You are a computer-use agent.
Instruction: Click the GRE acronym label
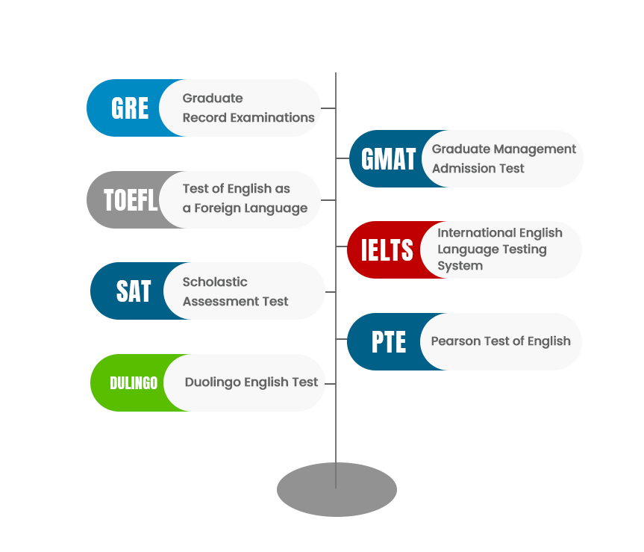tap(130, 109)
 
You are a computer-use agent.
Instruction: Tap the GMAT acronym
tap(388, 159)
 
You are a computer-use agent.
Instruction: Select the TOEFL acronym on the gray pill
tap(131, 200)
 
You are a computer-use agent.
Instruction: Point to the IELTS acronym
tap(387, 250)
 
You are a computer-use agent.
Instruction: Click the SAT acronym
tap(134, 291)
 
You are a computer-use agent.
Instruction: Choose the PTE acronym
tap(389, 342)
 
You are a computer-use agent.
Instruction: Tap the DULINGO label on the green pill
tap(134, 383)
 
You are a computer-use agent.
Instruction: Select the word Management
tap(535, 149)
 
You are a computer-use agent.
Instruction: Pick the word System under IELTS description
tap(460, 266)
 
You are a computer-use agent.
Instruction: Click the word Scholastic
tap(215, 282)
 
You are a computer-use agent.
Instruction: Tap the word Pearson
tap(455, 341)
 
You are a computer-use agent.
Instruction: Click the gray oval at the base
tap(337, 489)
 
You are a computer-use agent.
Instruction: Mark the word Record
tap(201, 117)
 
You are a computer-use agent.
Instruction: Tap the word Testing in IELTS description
tap(522, 249)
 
